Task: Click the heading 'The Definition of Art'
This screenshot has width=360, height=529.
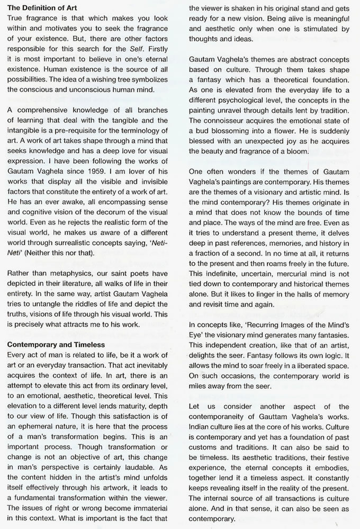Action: click(x=41, y=7)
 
